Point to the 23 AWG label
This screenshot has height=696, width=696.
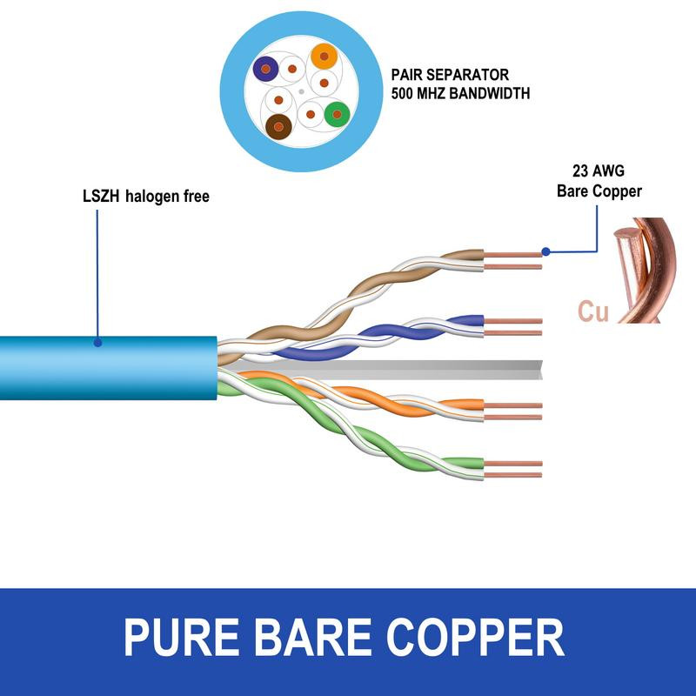click(x=599, y=171)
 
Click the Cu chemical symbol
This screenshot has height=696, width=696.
click(x=592, y=311)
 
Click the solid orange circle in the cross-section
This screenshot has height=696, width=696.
click(x=324, y=57)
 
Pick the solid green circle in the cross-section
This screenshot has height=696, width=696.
click(x=336, y=113)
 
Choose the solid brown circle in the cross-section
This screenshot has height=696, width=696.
click(x=278, y=127)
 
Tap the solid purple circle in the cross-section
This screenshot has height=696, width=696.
click(x=265, y=68)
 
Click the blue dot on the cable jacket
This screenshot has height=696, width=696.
click(x=97, y=343)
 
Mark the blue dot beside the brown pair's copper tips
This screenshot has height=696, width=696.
click(x=545, y=252)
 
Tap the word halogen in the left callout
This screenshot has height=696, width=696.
click(x=150, y=197)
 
